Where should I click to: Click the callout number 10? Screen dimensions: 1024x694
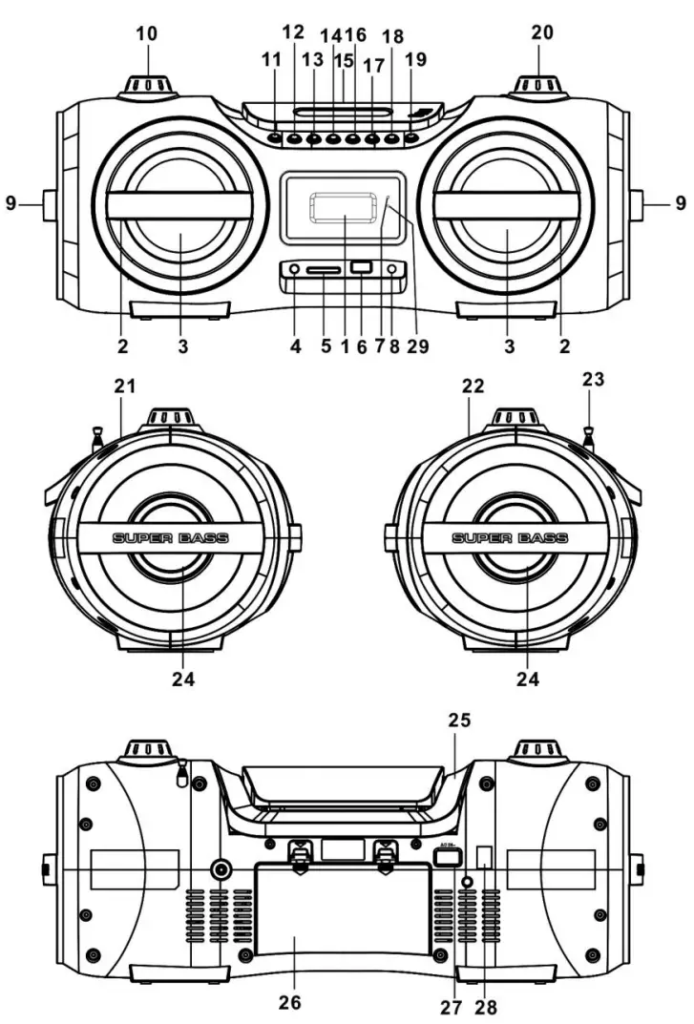click(x=147, y=34)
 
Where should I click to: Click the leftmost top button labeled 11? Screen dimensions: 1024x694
click(x=275, y=138)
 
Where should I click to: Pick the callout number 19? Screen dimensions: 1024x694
click(x=414, y=59)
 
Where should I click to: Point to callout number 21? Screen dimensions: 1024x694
click(x=125, y=386)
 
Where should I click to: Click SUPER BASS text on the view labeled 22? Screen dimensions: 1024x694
click(x=509, y=538)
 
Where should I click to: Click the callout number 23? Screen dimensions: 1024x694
click(x=595, y=379)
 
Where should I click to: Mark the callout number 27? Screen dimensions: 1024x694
click(x=449, y=1006)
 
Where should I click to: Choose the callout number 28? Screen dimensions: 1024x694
click(x=487, y=1006)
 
